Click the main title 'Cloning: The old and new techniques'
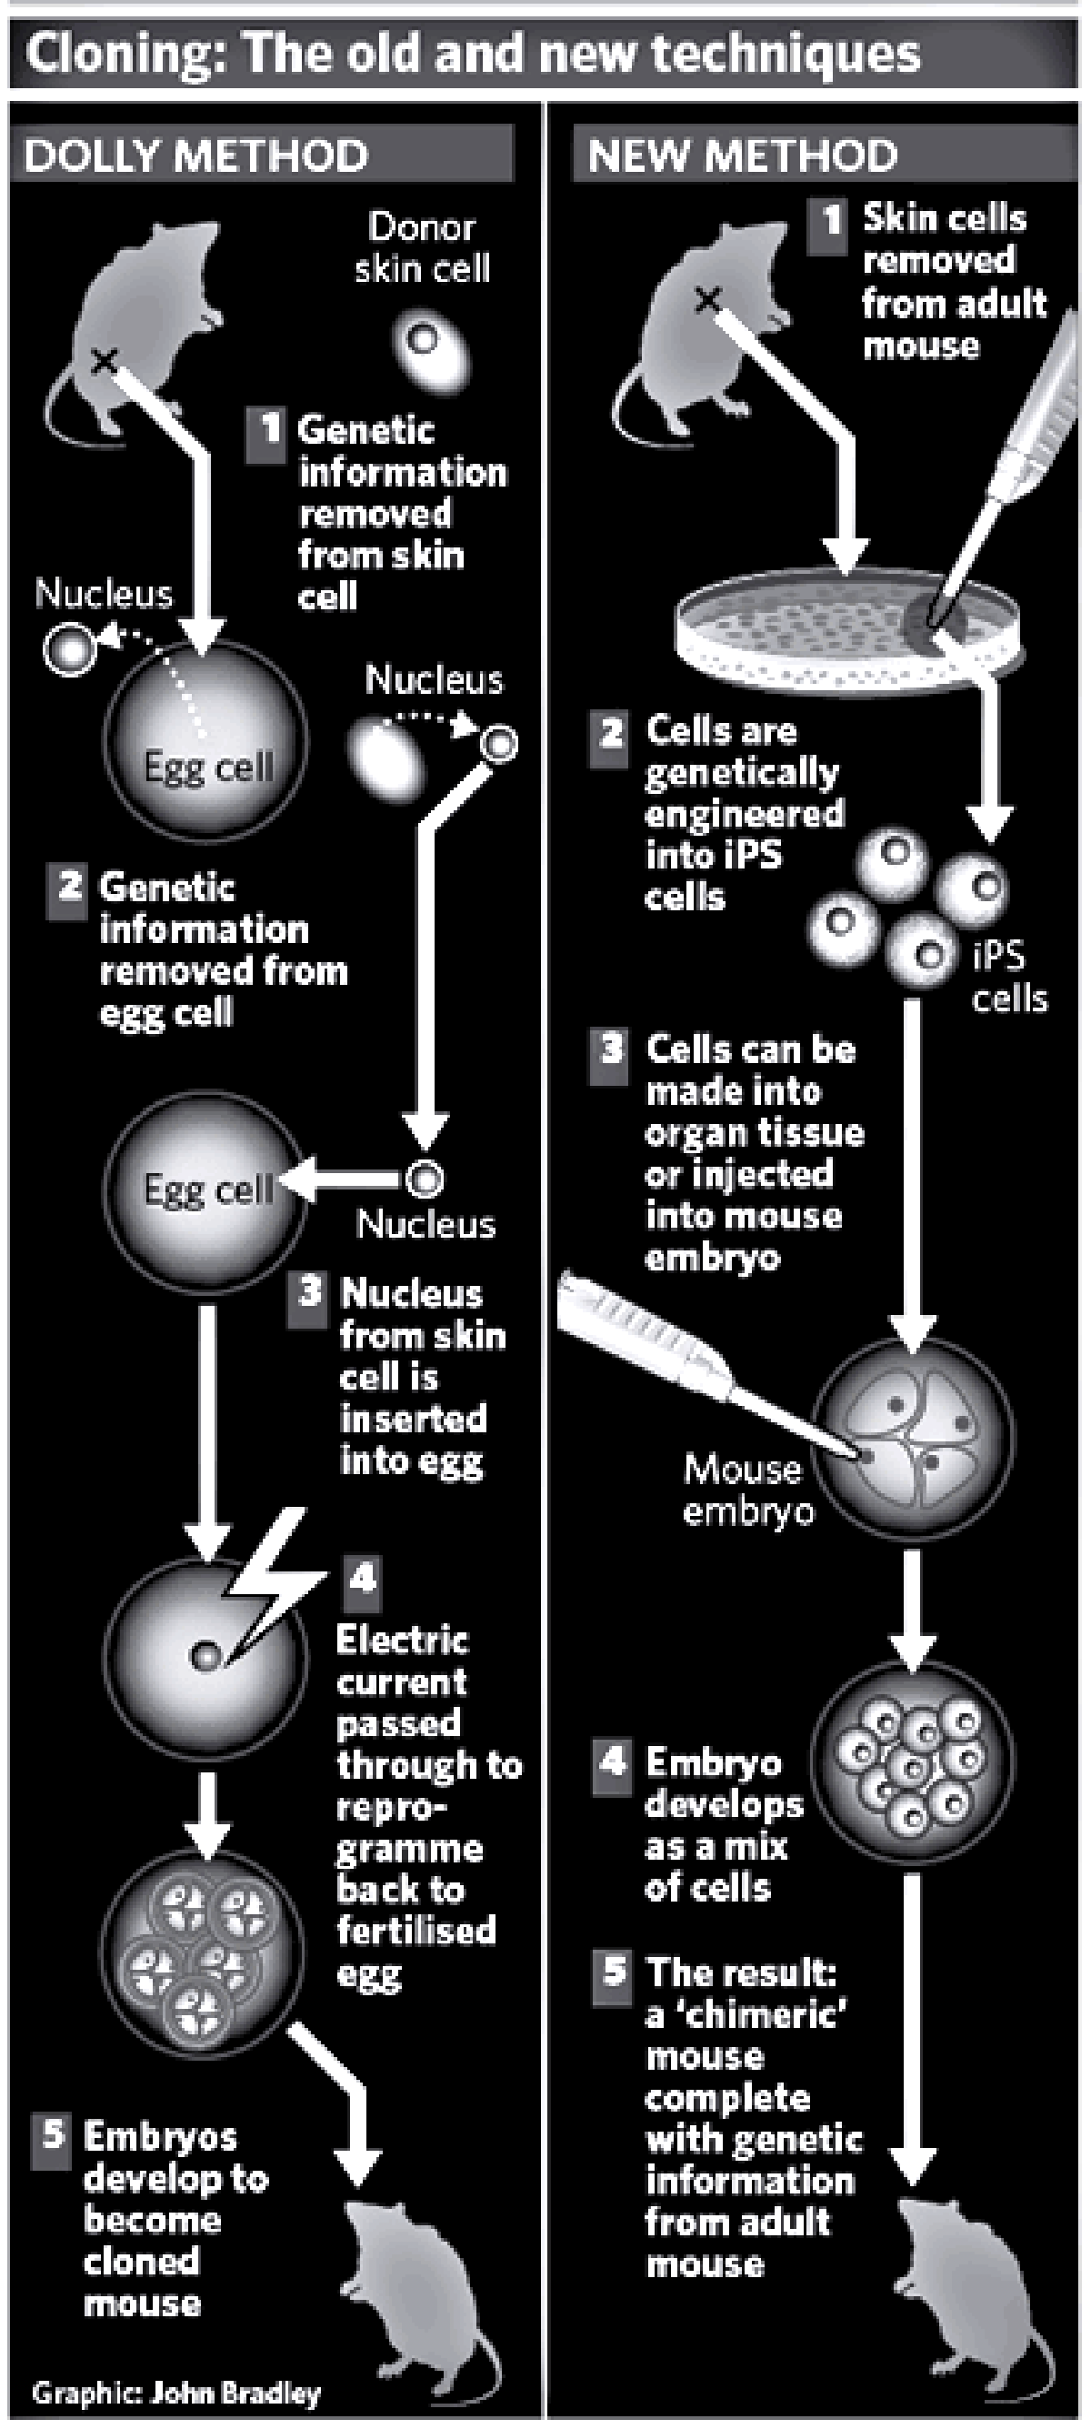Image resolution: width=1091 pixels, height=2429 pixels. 472,54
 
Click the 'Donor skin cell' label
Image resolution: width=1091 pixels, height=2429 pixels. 423,248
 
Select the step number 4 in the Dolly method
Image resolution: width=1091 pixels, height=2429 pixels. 362,1577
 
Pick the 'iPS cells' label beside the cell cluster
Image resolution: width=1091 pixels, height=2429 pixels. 1009,977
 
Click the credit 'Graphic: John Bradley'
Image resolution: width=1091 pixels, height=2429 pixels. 176,2393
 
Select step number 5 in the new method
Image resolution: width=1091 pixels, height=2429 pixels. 614,1971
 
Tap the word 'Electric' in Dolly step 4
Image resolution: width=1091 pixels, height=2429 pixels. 402,1641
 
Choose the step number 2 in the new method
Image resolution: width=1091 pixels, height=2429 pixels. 611,732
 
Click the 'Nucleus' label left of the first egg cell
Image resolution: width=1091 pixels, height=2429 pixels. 104,594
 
